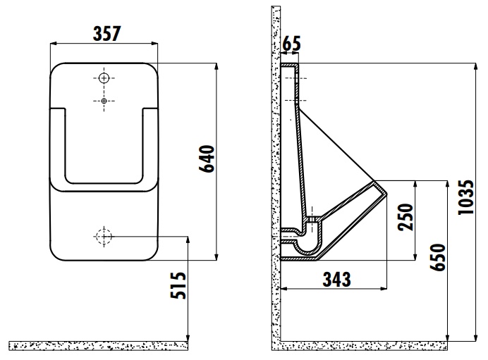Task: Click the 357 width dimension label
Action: [x=106, y=34]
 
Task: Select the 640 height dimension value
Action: [x=207, y=159]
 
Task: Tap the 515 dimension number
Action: [x=178, y=285]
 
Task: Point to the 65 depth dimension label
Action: [x=292, y=44]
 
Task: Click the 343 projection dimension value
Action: [x=337, y=279]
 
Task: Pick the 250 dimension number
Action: [x=405, y=217]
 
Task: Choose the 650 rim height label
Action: [x=438, y=257]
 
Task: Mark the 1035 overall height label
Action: [x=466, y=197]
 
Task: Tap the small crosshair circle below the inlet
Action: [x=104, y=101]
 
